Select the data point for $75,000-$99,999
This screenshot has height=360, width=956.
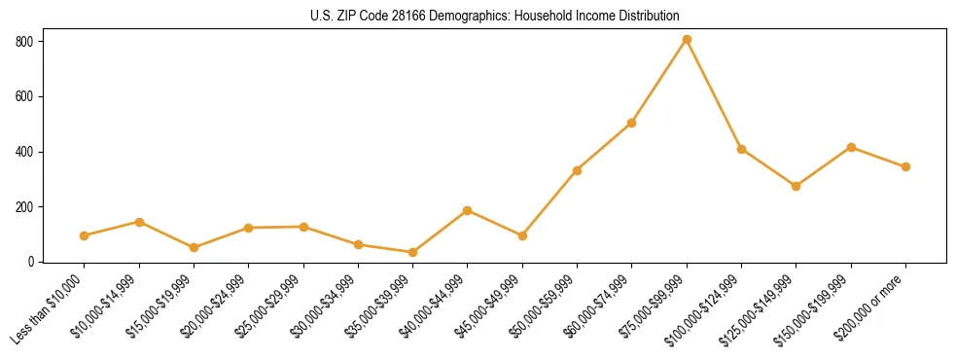click(x=687, y=39)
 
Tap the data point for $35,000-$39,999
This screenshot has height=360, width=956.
click(x=413, y=252)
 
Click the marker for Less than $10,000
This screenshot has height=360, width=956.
click(x=85, y=235)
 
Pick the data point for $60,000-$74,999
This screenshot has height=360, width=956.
click(x=632, y=123)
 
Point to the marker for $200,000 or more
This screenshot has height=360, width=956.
click(x=906, y=166)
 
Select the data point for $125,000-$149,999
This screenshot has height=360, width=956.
click(x=797, y=186)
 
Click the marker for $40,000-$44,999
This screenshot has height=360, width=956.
click(x=468, y=210)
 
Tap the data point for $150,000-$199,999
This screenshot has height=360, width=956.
click(x=851, y=147)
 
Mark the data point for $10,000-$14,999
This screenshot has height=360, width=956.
click(x=139, y=222)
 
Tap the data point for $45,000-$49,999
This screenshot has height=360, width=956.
click(x=523, y=235)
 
